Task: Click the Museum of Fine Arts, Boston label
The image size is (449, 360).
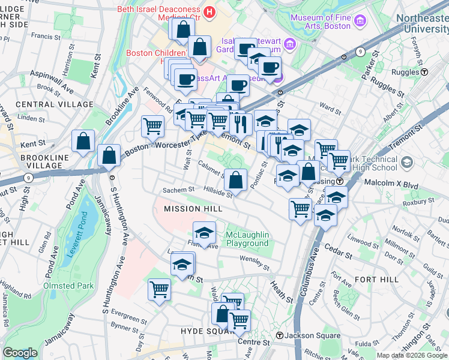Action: click(320, 22)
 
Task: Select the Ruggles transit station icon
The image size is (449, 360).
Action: click(424, 72)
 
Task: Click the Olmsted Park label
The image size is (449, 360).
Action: click(68, 286)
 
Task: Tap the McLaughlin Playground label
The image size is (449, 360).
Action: click(247, 239)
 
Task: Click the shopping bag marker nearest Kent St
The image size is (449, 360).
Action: click(83, 142)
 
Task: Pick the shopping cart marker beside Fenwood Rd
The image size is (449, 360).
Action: click(153, 126)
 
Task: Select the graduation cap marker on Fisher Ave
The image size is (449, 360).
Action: click(204, 232)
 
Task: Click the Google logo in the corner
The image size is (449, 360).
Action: click(20, 353)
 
